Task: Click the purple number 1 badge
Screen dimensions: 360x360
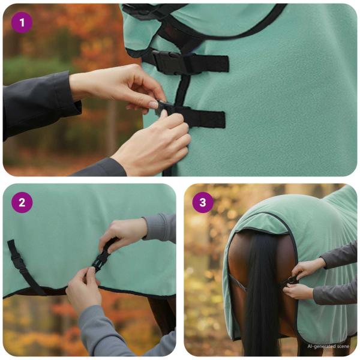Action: (x=22, y=23)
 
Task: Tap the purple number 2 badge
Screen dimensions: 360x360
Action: (x=22, y=202)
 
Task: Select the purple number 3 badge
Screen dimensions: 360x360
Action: (x=202, y=202)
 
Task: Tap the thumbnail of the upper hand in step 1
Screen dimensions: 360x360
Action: (x=154, y=104)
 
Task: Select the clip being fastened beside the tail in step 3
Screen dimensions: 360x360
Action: (x=291, y=280)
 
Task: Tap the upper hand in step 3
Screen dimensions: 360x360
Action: (x=309, y=267)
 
